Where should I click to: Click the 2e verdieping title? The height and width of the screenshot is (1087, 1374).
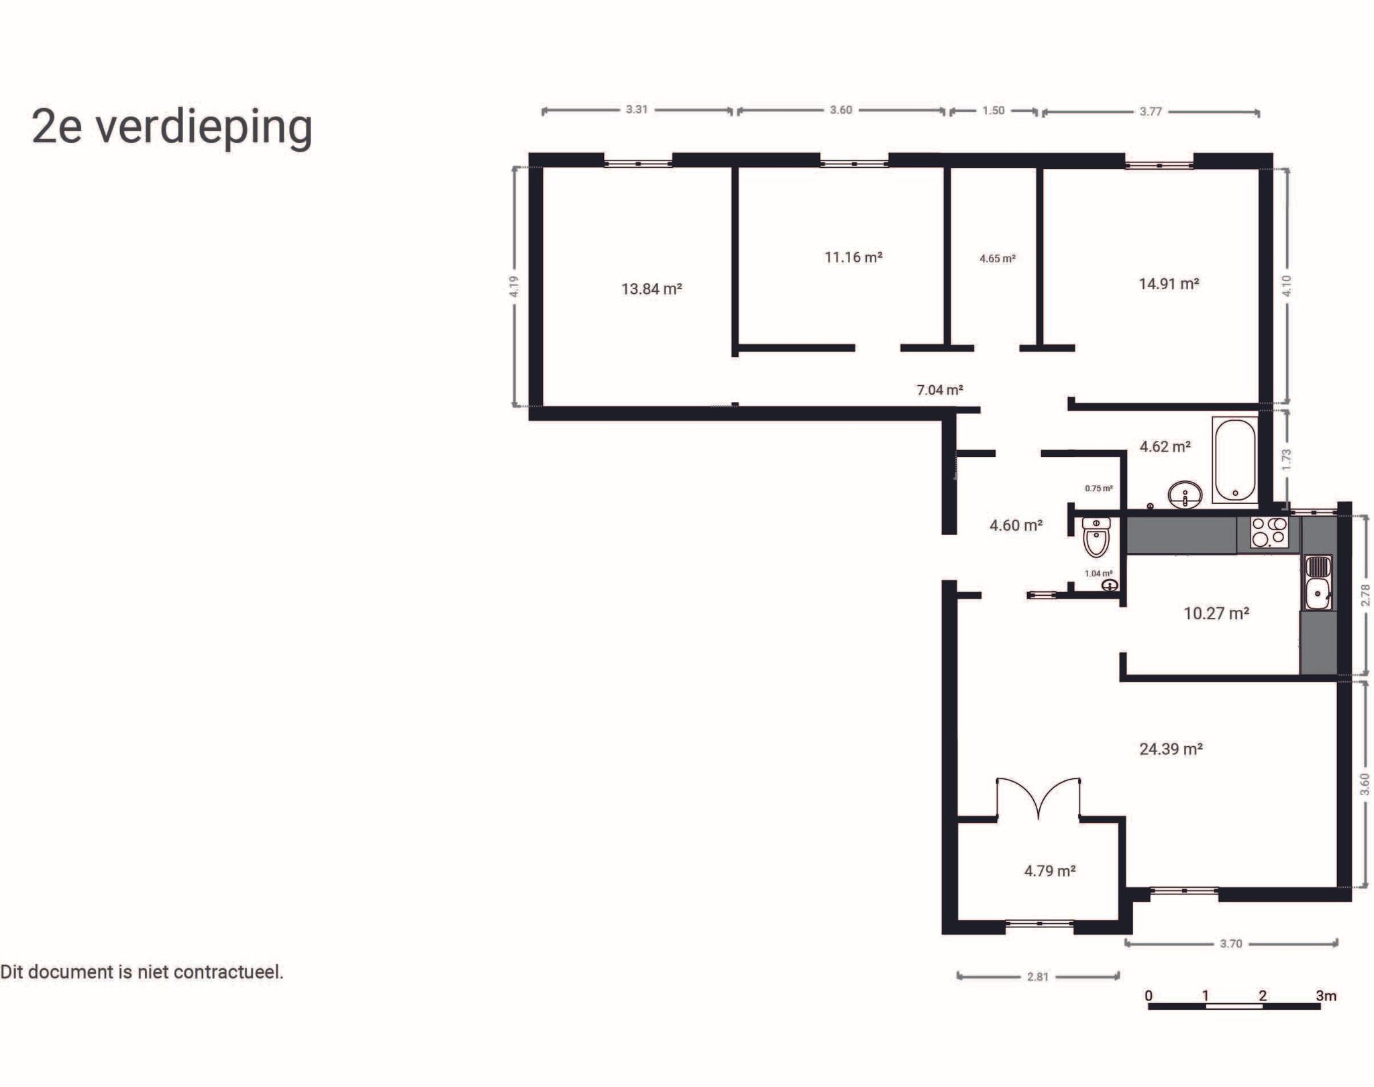(172, 126)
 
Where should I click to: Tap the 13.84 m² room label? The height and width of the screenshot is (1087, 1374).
(651, 289)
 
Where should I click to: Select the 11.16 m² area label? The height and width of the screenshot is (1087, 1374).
(853, 257)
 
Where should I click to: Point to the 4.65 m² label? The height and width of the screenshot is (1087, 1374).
(997, 258)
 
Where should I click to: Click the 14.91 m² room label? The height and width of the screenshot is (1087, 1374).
(1169, 284)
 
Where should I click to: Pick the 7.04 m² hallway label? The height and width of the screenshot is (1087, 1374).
(939, 390)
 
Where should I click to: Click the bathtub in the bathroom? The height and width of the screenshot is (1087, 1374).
(1234, 460)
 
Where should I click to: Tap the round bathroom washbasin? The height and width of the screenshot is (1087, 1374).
(1185, 496)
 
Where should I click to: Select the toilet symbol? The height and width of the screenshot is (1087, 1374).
(1096, 537)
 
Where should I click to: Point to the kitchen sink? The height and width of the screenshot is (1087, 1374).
(1318, 584)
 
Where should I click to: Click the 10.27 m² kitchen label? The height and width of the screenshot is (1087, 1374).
(1216, 613)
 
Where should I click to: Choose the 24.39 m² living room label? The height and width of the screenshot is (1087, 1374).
(1171, 749)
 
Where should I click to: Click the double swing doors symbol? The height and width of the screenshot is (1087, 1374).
(1038, 798)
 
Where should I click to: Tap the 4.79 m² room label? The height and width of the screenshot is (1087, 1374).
(1049, 871)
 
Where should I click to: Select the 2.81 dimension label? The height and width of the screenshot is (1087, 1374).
(1037, 976)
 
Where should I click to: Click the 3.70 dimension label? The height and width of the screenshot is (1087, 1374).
(1230, 943)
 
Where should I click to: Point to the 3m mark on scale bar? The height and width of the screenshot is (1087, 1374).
(1325, 996)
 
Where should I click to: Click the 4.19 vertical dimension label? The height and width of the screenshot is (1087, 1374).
(514, 287)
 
